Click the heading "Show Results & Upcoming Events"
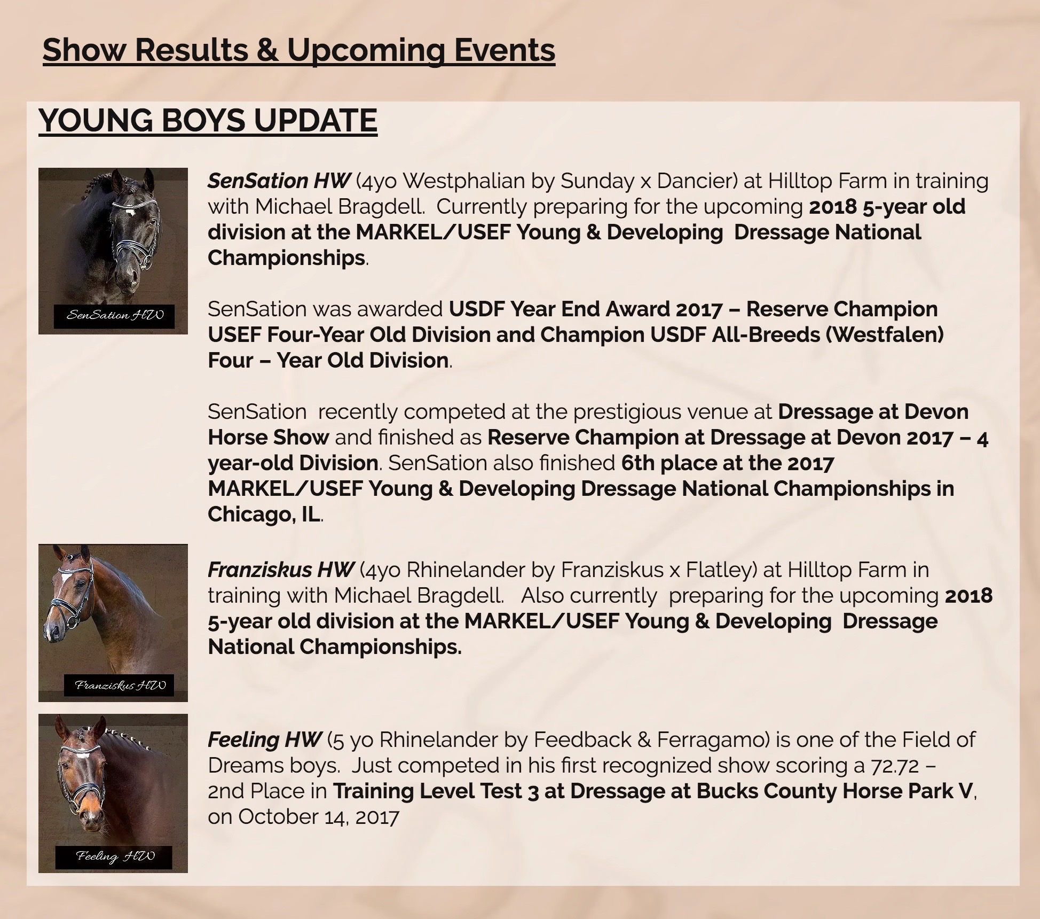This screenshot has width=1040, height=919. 299,50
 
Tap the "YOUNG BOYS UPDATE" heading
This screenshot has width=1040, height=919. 208,120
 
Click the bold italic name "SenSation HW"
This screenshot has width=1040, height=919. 279,181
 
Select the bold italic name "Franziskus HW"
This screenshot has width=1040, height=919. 281,570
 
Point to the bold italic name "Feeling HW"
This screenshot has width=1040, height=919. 265,740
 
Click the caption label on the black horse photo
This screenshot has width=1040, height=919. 114,315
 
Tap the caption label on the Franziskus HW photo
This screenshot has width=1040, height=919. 119,685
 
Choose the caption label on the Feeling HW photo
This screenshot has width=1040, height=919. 114,856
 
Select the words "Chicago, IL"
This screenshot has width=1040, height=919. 264,515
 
